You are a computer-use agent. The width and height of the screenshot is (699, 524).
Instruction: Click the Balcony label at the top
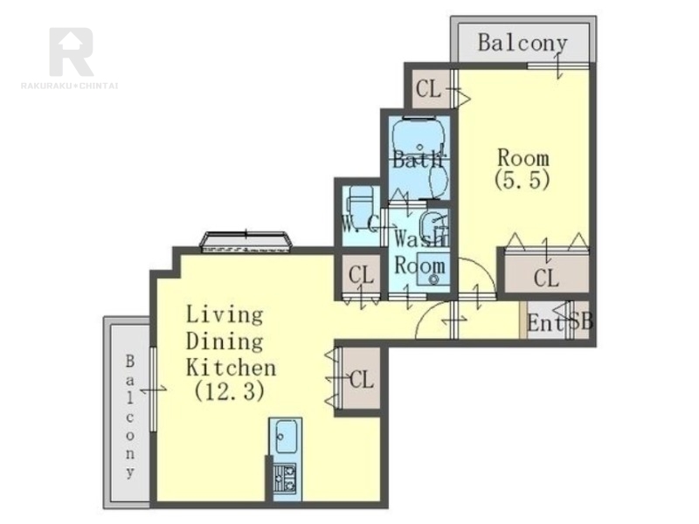(x=523, y=43)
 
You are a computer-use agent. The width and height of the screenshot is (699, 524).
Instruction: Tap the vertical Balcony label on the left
(x=129, y=417)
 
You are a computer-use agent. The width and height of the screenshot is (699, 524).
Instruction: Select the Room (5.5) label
(x=523, y=169)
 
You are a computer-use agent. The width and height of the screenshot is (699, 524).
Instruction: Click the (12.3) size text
(x=230, y=391)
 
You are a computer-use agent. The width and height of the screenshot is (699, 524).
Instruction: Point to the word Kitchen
(x=231, y=368)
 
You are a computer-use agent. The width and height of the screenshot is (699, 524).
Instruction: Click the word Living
(x=225, y=315)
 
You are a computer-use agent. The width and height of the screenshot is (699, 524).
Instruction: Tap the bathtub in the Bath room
(x=419, y=137)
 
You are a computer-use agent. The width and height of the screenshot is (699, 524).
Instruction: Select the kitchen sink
(x=286, y=436)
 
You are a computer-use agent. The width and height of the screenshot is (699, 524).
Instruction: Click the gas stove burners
(x=285, y=478)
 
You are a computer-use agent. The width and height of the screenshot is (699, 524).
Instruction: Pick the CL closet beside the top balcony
(x=429, y=89)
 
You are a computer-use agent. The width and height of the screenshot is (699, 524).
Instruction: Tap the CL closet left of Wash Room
(x=361, y=275)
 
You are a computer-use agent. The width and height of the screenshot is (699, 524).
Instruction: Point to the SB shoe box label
(x=581, y=321)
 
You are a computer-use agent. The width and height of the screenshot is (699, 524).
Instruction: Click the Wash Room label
(x=420, y=253)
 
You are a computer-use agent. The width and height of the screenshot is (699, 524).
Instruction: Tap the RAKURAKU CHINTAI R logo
(x=72, y=52)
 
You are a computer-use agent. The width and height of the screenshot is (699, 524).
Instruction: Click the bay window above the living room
(x=246, y=242)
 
